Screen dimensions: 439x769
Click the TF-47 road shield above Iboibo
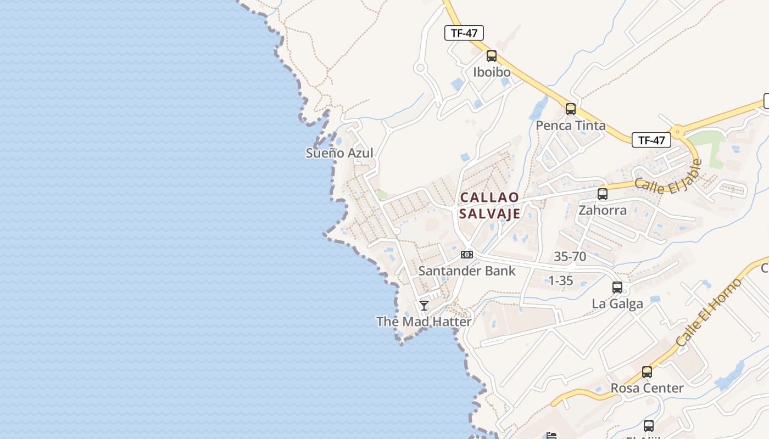pos(464,33)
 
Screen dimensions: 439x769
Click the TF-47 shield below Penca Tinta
pos(651,140)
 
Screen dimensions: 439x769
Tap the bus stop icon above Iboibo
pos(492,56)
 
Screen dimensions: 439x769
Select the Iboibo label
pos(492,72)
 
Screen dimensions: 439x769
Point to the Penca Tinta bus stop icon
pos(571,109)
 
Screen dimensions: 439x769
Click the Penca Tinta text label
pos(571,126)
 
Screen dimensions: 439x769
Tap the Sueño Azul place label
pos(339,153)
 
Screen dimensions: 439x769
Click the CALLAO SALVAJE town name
pos(489,205)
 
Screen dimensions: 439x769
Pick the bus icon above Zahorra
pos(603,194)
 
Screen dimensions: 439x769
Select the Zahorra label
pos(603,210)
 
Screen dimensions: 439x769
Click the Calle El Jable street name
pos(668,178)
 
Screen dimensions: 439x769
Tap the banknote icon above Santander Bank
pos(467,255)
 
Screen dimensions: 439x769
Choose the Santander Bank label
pos(467,271)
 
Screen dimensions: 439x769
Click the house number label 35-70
pos(570,256)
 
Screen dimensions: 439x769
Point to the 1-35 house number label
pos(561,281)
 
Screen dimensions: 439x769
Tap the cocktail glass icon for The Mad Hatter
pos(424,306)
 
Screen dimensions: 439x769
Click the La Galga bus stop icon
pos(617,288)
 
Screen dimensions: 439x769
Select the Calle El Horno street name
pos(709,313)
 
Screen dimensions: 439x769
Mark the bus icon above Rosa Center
pos(647,372)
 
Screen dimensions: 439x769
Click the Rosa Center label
pos(647,388)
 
